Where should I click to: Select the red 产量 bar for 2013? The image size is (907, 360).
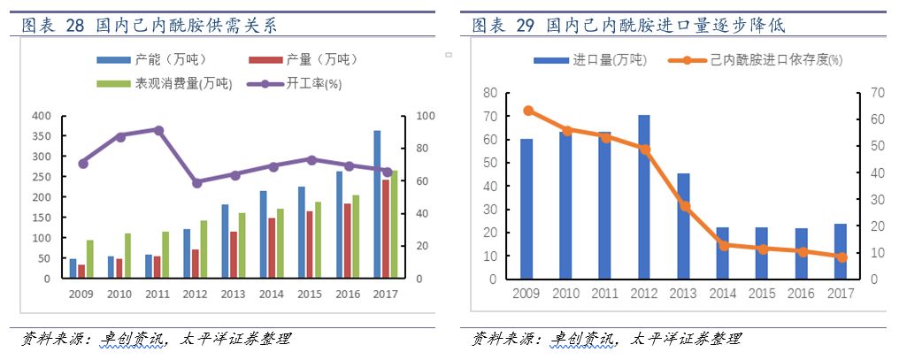click(x=234, y=255)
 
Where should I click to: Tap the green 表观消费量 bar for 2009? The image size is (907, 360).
click(x=89, y=259)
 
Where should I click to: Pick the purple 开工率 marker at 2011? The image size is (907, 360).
click(x=158, y=130)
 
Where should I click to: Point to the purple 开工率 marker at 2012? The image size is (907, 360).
click(x=196, y=182)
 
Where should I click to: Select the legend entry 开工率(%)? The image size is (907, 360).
click(x=303, y=84)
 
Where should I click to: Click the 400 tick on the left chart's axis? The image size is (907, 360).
click(x=42, y=116)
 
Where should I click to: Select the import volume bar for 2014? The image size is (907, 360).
click(x=723, y=253)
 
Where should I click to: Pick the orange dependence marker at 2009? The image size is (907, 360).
click(x=527, y=111)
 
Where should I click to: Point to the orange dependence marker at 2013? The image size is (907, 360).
click(x=684, y=206)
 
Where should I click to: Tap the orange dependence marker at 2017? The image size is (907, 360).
click(x=841, y=257)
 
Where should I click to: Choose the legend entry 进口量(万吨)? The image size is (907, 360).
click(x=598, y=60)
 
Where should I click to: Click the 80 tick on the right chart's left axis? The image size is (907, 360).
click(x=489, y=93)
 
